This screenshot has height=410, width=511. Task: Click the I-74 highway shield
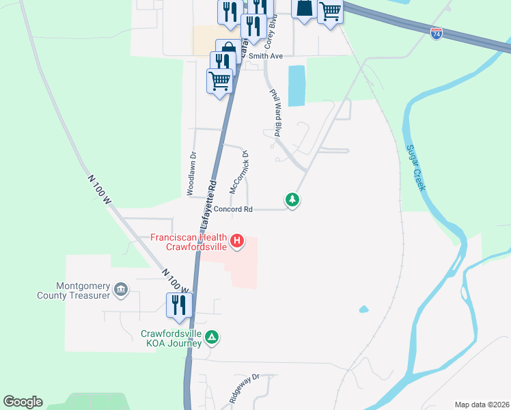pos(437,32)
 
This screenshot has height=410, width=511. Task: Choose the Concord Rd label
pos(234,209)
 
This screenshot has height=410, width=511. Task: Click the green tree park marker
pos(292,200)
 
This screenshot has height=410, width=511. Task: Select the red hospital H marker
pos(237,241)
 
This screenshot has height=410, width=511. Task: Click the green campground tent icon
pos(212,337)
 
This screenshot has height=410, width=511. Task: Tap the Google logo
pos(23,402)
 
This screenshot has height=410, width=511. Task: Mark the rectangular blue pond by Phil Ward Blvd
pos(296,86)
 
